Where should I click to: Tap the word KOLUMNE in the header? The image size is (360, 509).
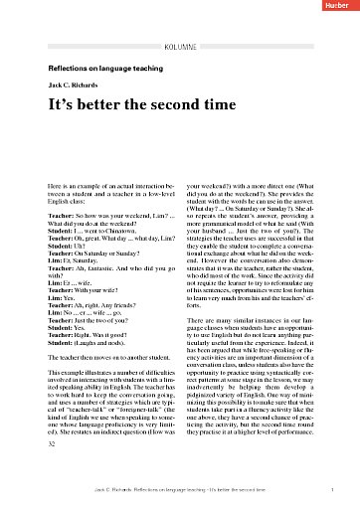(x=180, y=46)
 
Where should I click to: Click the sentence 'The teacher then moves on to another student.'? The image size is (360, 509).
(x=117, y=356)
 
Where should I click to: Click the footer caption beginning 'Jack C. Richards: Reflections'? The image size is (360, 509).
(x=180, y=491)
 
